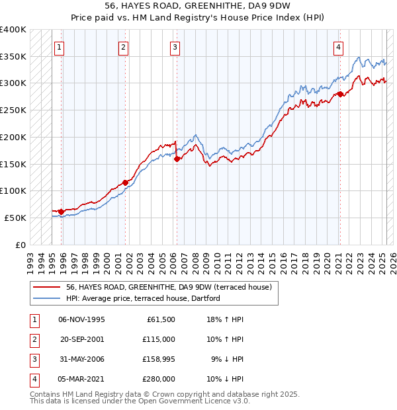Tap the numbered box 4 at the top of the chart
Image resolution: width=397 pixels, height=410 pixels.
[x=338, y=47]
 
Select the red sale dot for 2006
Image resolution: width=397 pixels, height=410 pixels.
[x=177, y=159]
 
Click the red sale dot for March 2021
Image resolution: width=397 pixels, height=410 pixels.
[x=339, y=94]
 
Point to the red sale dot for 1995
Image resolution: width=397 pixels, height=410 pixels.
[x=61, y=212]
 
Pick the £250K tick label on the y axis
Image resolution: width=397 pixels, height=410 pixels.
[x=13, y=110]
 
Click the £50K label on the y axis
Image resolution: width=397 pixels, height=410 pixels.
[x=15, y=218]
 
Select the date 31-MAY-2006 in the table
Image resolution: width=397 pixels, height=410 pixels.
[x=81, y=359]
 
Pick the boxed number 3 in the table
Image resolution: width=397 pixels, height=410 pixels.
[x=33, y=359]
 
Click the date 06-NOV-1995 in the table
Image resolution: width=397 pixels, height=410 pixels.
[x=82, y=319]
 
